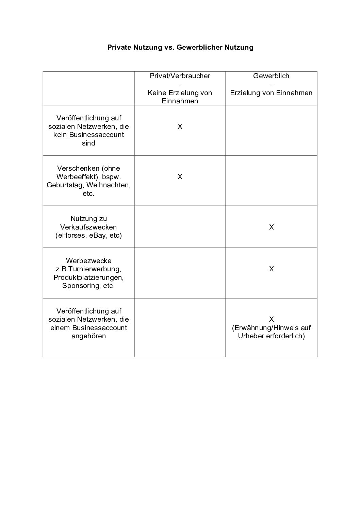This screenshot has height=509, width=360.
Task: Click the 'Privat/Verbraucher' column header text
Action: [180, 76]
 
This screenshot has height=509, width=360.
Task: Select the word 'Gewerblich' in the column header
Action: [271, 76]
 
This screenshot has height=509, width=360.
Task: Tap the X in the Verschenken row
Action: [180, 177]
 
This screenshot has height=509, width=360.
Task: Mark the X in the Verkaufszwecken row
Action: [271, 227]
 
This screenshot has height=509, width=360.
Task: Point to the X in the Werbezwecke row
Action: [271, 269]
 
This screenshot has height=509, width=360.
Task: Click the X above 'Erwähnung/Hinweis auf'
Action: [271, 319]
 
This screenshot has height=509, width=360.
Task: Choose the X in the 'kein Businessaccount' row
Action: [180, 126]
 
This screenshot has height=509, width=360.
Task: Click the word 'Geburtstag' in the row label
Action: [65, 185]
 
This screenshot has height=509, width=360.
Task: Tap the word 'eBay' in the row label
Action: [97, 235]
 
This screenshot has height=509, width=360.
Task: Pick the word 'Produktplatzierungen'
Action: [88, 277]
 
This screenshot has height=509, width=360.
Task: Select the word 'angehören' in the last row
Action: [88, 336]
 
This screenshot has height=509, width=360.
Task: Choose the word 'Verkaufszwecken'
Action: [88, 227]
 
